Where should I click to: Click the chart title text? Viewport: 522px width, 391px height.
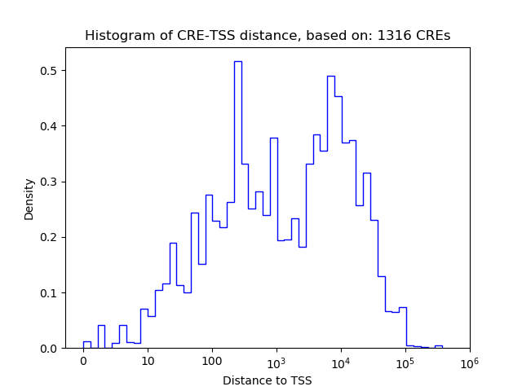point(268,36)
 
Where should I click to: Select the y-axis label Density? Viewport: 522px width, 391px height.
point(29,199)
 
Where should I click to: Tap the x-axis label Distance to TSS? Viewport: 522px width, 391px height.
point(268,380)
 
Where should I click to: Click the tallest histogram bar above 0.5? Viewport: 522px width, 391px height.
point(237,204)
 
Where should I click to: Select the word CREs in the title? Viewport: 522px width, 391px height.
point(433,36)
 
